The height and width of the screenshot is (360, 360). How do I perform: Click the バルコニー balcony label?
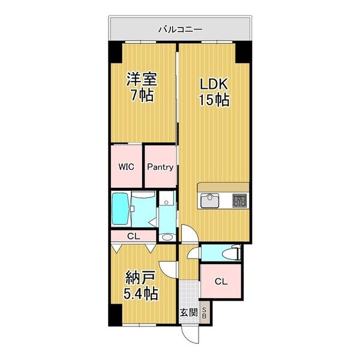(180, 28)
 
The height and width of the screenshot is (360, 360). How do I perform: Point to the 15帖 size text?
(214, 100)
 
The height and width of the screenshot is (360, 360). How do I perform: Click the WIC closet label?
(125, 167)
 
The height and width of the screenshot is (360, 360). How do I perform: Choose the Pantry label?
(161, 167)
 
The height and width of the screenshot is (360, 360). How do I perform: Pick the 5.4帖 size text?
(142, 294)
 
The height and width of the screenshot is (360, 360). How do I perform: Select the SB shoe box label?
(205, 313)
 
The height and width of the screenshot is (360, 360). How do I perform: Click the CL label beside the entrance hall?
(221, 281)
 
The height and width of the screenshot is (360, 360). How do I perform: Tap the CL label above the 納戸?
(134, 236)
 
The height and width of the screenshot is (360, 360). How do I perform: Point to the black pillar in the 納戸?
(113, 313)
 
